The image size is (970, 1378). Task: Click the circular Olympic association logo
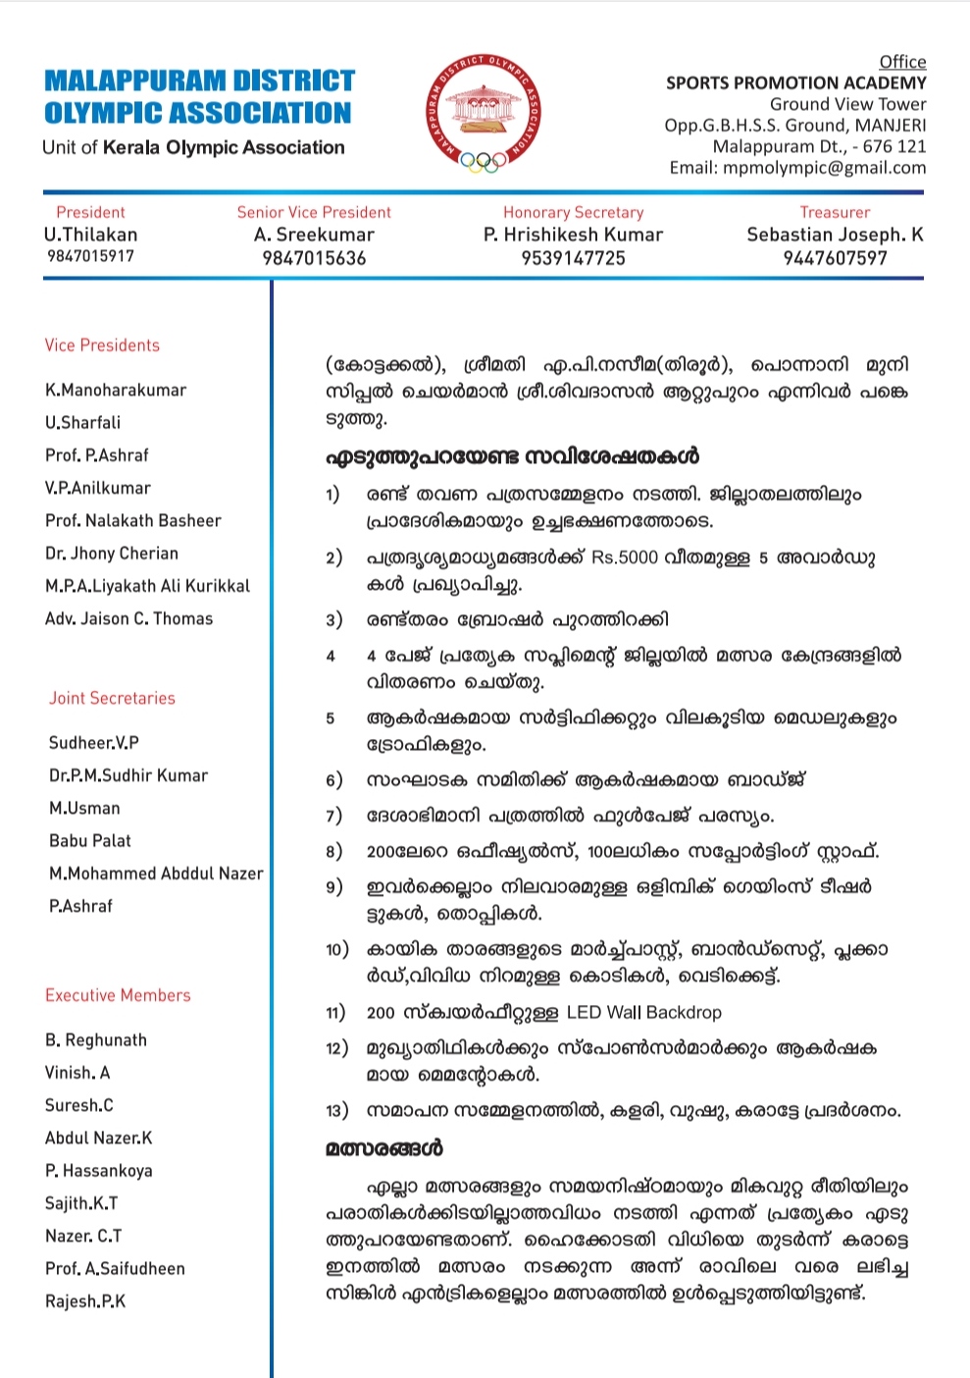[483, 112]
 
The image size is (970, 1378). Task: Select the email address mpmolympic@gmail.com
[824, 168]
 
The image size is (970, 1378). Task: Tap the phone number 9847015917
[90, 256]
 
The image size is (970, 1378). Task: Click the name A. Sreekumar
[314, 235]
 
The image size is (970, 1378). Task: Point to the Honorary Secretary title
[573, 212]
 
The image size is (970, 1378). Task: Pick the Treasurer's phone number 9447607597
[835, 258]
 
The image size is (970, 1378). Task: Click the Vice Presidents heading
[102, 345]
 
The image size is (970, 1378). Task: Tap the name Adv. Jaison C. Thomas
[128, 618]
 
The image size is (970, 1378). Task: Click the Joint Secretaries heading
[112, 698]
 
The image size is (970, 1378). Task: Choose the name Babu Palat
[89, 841]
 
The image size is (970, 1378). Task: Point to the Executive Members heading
[118, 995]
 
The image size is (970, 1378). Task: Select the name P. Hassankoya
[98, 1171]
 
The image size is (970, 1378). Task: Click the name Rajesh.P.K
[85, 1301]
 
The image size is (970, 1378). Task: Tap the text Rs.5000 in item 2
[625, 557]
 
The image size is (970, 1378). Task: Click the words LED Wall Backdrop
[643, 1012]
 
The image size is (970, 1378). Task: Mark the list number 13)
[336, 1111]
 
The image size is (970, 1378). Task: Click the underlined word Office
[902, 62]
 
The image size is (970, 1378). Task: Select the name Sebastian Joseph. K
[835, 235]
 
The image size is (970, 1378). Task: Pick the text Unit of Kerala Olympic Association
[193, 147]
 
